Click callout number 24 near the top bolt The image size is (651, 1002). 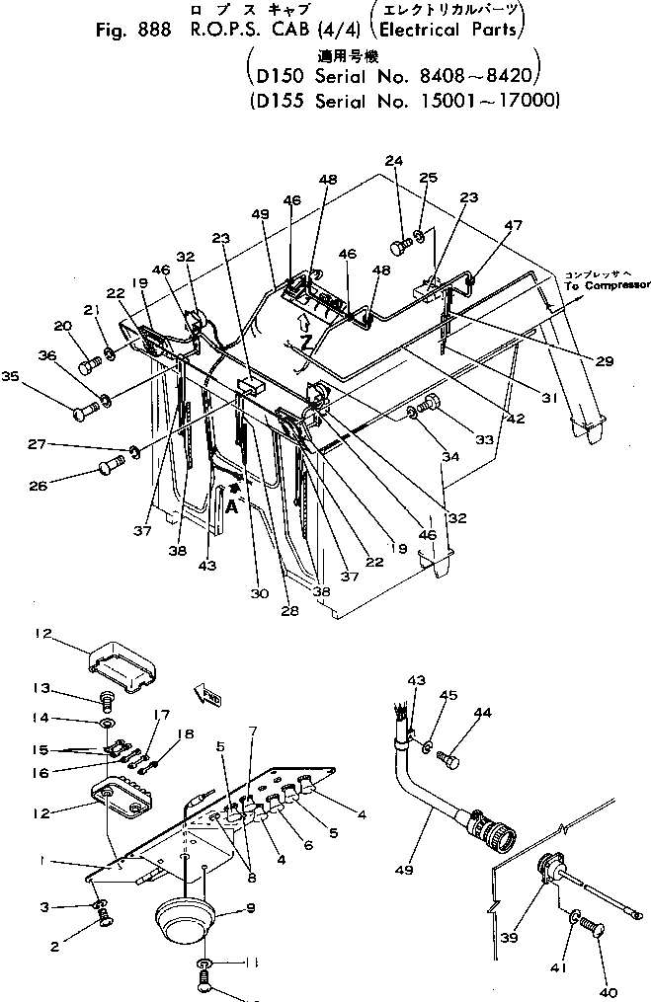(x=394, y=161)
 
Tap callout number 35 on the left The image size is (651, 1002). (x=37, y=375)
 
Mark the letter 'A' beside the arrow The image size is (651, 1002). (x=232, y=505)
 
